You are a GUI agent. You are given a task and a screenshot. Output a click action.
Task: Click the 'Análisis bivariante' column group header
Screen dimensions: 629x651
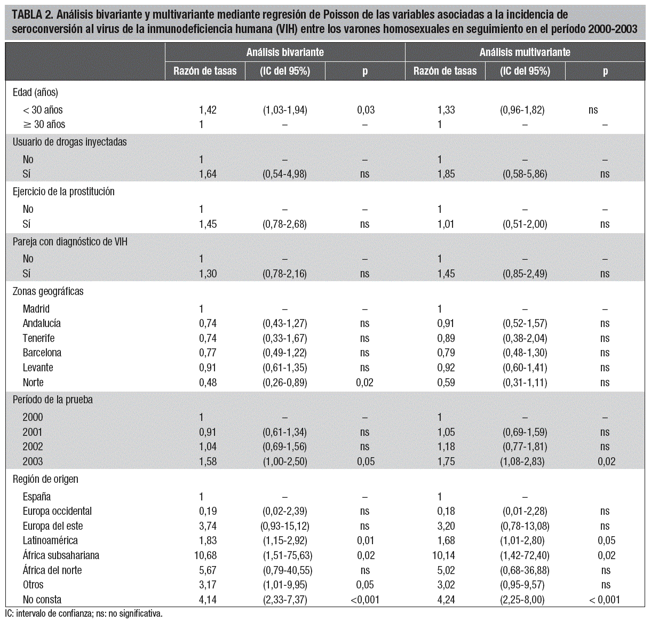tap(285, 52)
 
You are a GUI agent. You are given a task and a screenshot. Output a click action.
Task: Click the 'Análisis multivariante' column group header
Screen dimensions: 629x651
tap(525, 52)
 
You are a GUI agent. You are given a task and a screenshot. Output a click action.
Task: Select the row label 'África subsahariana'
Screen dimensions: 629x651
tap(61, 555)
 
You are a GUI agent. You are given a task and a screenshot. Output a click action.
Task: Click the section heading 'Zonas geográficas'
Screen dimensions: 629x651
tap(48, 291)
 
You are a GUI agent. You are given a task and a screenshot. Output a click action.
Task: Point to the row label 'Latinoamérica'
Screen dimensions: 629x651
tap(50, 540)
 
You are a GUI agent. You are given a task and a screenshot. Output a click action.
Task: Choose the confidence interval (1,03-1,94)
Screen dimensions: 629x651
tap(284, 110)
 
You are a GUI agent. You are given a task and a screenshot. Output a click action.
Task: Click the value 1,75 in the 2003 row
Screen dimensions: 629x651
tap(446, 461)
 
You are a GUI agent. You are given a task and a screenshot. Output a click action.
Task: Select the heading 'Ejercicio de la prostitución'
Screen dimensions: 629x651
tap(63, 192)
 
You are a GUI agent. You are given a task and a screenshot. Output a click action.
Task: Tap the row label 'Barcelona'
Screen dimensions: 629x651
tap(42, 353)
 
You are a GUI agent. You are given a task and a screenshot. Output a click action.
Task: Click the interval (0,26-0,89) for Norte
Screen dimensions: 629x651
tap(284, 383)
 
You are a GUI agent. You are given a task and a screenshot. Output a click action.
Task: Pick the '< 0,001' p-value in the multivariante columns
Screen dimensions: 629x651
tap(605, 600)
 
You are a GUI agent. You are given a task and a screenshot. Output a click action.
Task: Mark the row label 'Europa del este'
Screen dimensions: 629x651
tap(53, 526)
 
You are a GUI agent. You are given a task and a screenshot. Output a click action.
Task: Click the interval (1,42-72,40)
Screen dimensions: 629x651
tap(525, 555)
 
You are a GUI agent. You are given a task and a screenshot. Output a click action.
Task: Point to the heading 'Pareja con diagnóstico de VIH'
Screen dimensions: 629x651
tap(70, 242)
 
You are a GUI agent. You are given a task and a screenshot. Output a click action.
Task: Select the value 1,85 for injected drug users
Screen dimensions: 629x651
tap(446, 174)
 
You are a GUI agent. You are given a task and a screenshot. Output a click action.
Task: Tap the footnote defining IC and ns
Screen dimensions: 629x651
tap(84, 614)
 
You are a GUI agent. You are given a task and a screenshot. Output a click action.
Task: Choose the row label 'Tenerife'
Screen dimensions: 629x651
tap(38, 338)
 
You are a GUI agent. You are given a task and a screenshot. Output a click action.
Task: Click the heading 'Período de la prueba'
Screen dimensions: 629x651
tap(53, 400)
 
